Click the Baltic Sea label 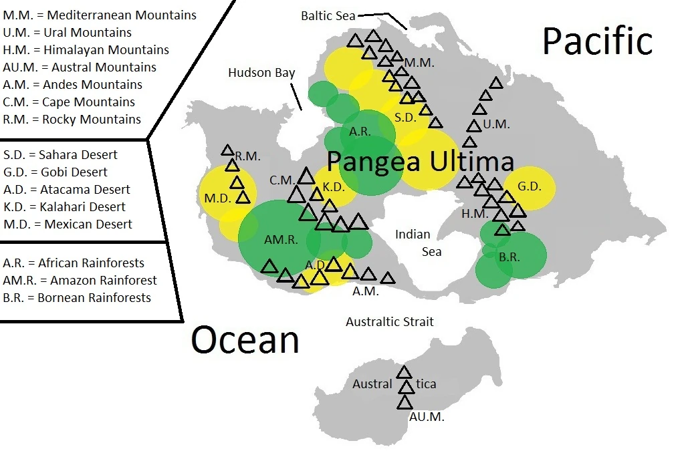tap(328, 15)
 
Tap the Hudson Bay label tap(261, 73)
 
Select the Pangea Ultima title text tap(421, 162)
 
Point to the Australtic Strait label tap(389, 322)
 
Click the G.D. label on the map tap(530, 186)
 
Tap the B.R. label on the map tap(509, 256)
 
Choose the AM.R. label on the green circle tap(281, 240)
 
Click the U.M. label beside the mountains tap(496, 124)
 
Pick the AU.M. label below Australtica tap(426, 417)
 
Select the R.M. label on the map tap(247, 156)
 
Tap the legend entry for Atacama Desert tap(67, 189)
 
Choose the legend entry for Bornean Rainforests tap(77, 297)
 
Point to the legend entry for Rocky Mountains tap(72, 119)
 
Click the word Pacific tap(596, 41)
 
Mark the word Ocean tap(245, 339)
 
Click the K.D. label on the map tap(333, 186)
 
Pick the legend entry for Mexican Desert tap(68, 224)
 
